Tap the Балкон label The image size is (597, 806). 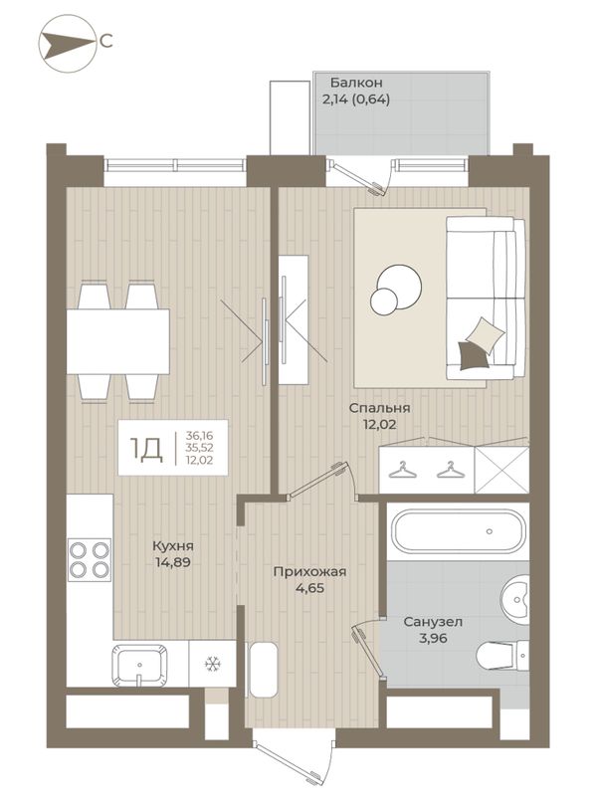click(356, 83)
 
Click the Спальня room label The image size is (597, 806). click(379, 408)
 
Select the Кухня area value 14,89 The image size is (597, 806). click(173, 562)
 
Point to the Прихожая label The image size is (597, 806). click(309, 571)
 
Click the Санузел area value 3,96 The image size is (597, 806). click(433, 639)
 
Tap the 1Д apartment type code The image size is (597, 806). click(146, 449)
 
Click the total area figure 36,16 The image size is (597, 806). click(200, 435)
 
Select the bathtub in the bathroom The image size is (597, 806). click(458, 531)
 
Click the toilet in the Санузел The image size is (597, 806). click(502, 656)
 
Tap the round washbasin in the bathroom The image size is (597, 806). click(515, 600)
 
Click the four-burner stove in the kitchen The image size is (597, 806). click(89, 560)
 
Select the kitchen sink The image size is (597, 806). click(139, 664)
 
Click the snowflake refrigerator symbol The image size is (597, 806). click(211, 664)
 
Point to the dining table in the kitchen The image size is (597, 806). click(117, 341)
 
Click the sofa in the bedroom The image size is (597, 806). click(485, 299)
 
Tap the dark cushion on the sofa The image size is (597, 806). click(473, 355)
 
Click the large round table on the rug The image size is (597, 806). click(400, 286)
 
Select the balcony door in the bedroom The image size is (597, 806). click(360, 177)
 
